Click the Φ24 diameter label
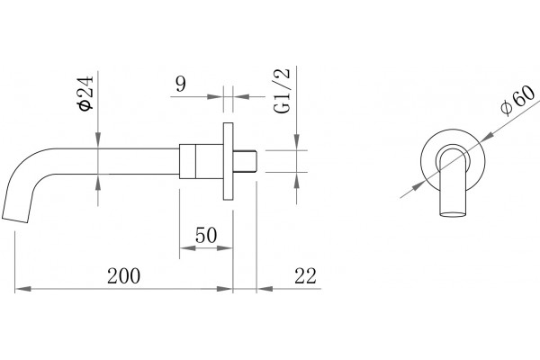click(86, 93)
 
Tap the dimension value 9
click(181, 84)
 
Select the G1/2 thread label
click(283, 91)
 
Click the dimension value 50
click(206, 235)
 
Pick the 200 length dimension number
click(123, 276)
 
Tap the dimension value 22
click(305, 276)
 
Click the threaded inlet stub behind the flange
click(245, 161)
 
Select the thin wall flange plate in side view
click(228, 161)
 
